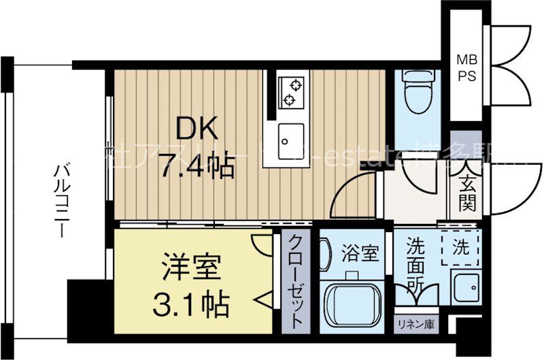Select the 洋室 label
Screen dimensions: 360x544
point(191,267)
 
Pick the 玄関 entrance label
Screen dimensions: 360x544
point(466,192)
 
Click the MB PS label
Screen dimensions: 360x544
point(466,68)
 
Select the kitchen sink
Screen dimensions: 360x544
point(291,139)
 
